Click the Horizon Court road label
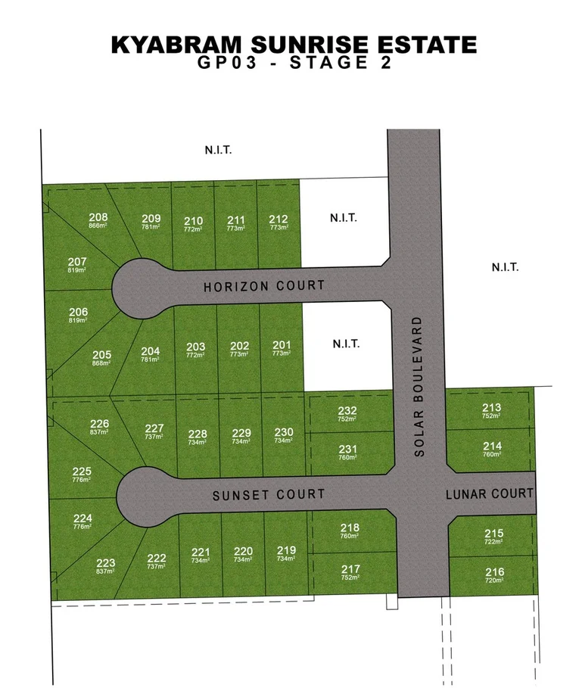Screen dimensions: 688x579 pyautogui.click(x=263, y=286)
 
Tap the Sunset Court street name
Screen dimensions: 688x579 pyautogui.click(x=268, y=494)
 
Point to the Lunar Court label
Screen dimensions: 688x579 pyautogui.click(x=490, y=493)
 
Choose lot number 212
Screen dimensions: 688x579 pyautogui.click(x=279, y=220)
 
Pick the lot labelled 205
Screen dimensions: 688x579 pyautogui.click(x=102, y=354)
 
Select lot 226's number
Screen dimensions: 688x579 pyautogui.click(x=100, y=424)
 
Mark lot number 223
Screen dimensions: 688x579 pyautogui.click(x=106, y=563)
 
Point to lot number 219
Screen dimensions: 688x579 pyautogui.click(x=286, y=550)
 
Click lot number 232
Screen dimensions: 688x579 pyautogui.click(x=347, y=411)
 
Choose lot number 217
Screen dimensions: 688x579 pyautogui.click(x=350, y=569)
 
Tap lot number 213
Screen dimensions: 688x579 pyautogui.click(x=491, y=408)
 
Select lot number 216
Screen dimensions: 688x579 pyautogui.click(x=494, y=571)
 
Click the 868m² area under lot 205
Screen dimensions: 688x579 pyautogui.click(x=102, y=363)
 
